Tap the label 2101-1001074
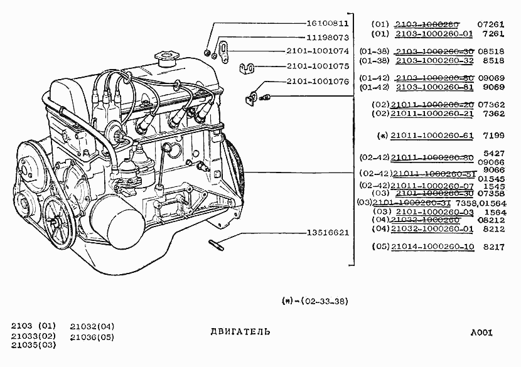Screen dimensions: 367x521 tap(318, 51)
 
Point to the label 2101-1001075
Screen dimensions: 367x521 tap(318, 65)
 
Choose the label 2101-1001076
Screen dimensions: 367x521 tap(318, 82)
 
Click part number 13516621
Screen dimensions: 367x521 tap(320, 232)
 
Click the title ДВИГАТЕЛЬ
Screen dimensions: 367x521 tap(240, 331)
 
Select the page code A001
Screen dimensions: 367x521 tap(481, 332)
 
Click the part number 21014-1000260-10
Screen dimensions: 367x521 tap(432, 247)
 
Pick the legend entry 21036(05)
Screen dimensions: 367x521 tap(92, 337)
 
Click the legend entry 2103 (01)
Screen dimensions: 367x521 tap(33, 326)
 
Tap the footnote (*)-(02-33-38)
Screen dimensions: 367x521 tap(314, 301)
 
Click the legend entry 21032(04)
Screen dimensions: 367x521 tap(92, 326)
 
